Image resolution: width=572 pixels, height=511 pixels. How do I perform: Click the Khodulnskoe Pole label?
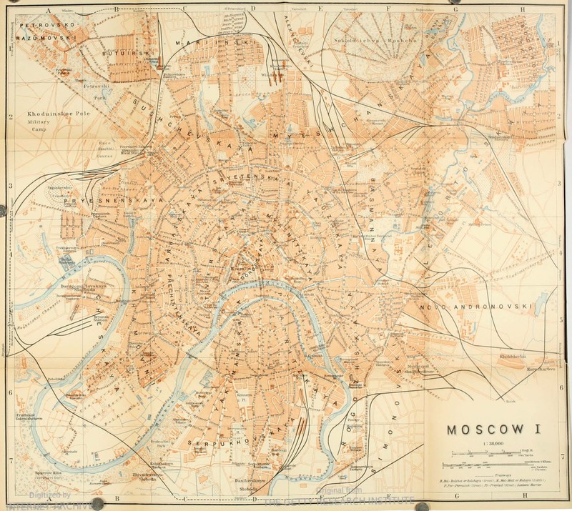56,114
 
